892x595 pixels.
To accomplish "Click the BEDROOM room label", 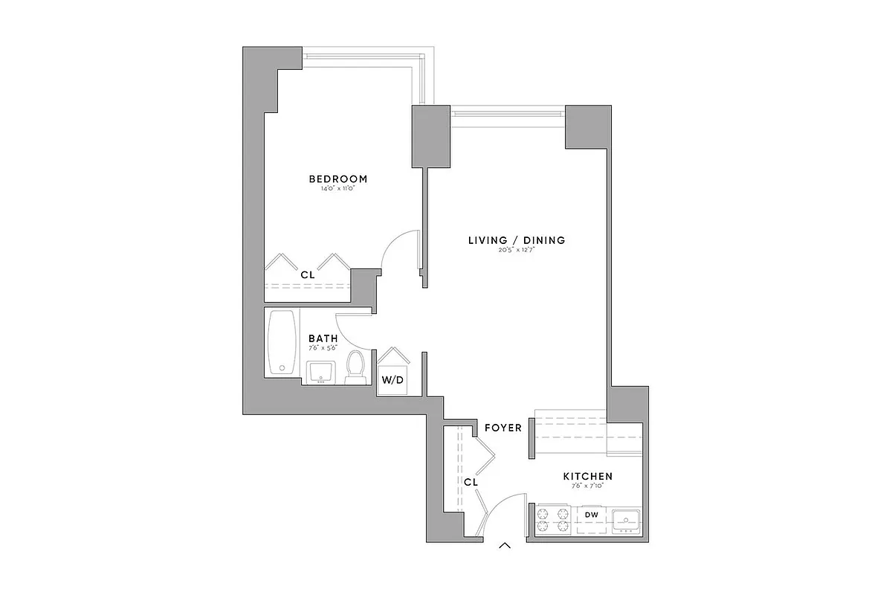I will tap(338, 179).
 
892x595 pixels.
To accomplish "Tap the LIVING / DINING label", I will tap(517, 240).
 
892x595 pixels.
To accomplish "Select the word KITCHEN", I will tap(587, 476).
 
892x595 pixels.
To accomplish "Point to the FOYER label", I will tap(502, 428).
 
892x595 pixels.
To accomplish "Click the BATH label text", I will tap(323, 338).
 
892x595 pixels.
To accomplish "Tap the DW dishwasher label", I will tap(592, 514).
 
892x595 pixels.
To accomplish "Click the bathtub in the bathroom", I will tap(282, 343).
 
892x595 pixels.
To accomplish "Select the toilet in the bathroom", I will tap(356, 367).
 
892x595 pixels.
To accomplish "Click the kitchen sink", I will tap(624, 519).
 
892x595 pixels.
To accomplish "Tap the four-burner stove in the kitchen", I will tap(553, 519).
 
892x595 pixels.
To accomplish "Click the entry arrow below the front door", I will tap(505, 547).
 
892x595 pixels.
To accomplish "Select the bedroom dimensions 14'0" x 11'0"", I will tap(338, 189).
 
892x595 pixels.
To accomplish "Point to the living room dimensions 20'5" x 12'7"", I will tap(517, 250).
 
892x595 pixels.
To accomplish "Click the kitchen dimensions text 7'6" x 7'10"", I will tap(587, 486).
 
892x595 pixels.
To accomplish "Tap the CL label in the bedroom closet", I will tap(308, 274).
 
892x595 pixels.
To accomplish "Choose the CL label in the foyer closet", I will tap(470, 482).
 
